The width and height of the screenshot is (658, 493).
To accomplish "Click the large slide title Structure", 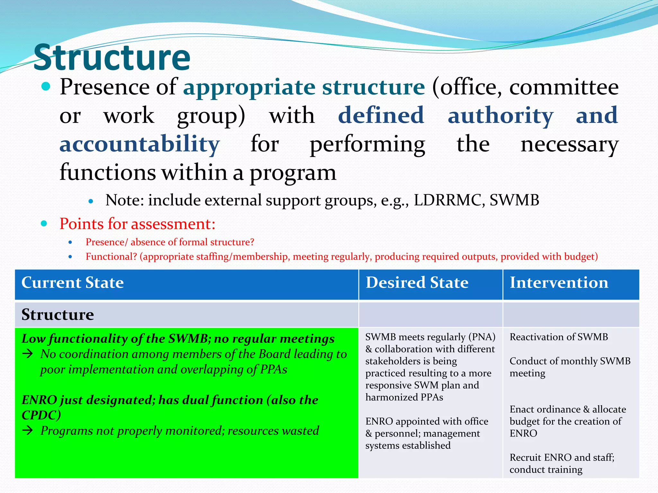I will (x=112, y=58).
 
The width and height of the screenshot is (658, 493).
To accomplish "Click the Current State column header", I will (x=73, y=283).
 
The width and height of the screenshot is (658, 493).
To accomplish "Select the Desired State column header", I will (x=417, y=283).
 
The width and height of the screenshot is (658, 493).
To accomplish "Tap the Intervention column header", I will (x=559, y=283).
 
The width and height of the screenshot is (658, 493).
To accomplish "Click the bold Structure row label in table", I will (x=58, y=315).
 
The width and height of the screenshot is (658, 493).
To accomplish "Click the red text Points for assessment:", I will (x=137, y=224).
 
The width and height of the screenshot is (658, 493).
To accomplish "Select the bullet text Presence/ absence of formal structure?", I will (x=170, y=242).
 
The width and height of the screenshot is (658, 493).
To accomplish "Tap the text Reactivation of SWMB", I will (x=558, y=337).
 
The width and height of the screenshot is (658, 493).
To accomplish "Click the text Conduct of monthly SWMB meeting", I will (x=570, y=367).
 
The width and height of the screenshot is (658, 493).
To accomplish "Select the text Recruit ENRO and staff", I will (x=562, y=457).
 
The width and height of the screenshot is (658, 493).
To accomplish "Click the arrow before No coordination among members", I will (x=28, y=354).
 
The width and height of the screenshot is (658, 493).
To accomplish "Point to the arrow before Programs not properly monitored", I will (x=28, y=431).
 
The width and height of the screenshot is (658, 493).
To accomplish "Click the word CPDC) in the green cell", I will (x=41, y=415).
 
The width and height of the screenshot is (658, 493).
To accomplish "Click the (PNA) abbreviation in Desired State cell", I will (x=482, y=337).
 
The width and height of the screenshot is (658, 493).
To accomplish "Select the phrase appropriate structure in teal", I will (x=304, y=87).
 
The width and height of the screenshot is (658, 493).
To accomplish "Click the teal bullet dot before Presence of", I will (x=46, y=86).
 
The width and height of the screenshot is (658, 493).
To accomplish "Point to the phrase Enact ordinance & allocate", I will (x=567, y=409).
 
